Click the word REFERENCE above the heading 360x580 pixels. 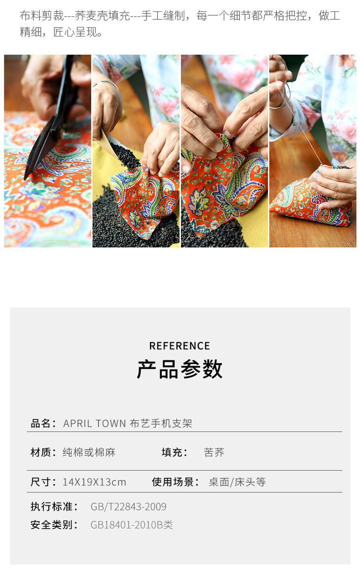pyautogui.click(x=180, y=346)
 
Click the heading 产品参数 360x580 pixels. pyautogui.click(x=180, y=369)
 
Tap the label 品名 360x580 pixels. pyautogui.click(x=41, y=423)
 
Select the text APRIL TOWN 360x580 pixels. pyautogui.click(x=95, y=423)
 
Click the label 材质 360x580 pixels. pyautogui.click(x=41, y=452)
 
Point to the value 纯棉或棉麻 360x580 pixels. pyautogui.click(x=89, y=452)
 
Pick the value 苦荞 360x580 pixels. pyautogui.click(x=214, y=452)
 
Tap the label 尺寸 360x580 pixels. pyautogui.click(x=41, y=481)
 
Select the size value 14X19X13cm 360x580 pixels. pyautogui.click(x=94, y=482)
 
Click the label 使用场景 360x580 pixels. pyautogui.click(x=173, y=481)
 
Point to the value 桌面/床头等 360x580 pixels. pyautogui.click(x=237, y=481)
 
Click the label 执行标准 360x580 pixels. pyautogui.click(x=51, y=507)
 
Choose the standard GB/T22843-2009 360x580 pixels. pyautogui.click(x=128, y=507)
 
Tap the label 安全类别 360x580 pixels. pyautogui.click(x=51, y=525)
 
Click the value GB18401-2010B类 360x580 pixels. pyautogui.click(x=132, y=525)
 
